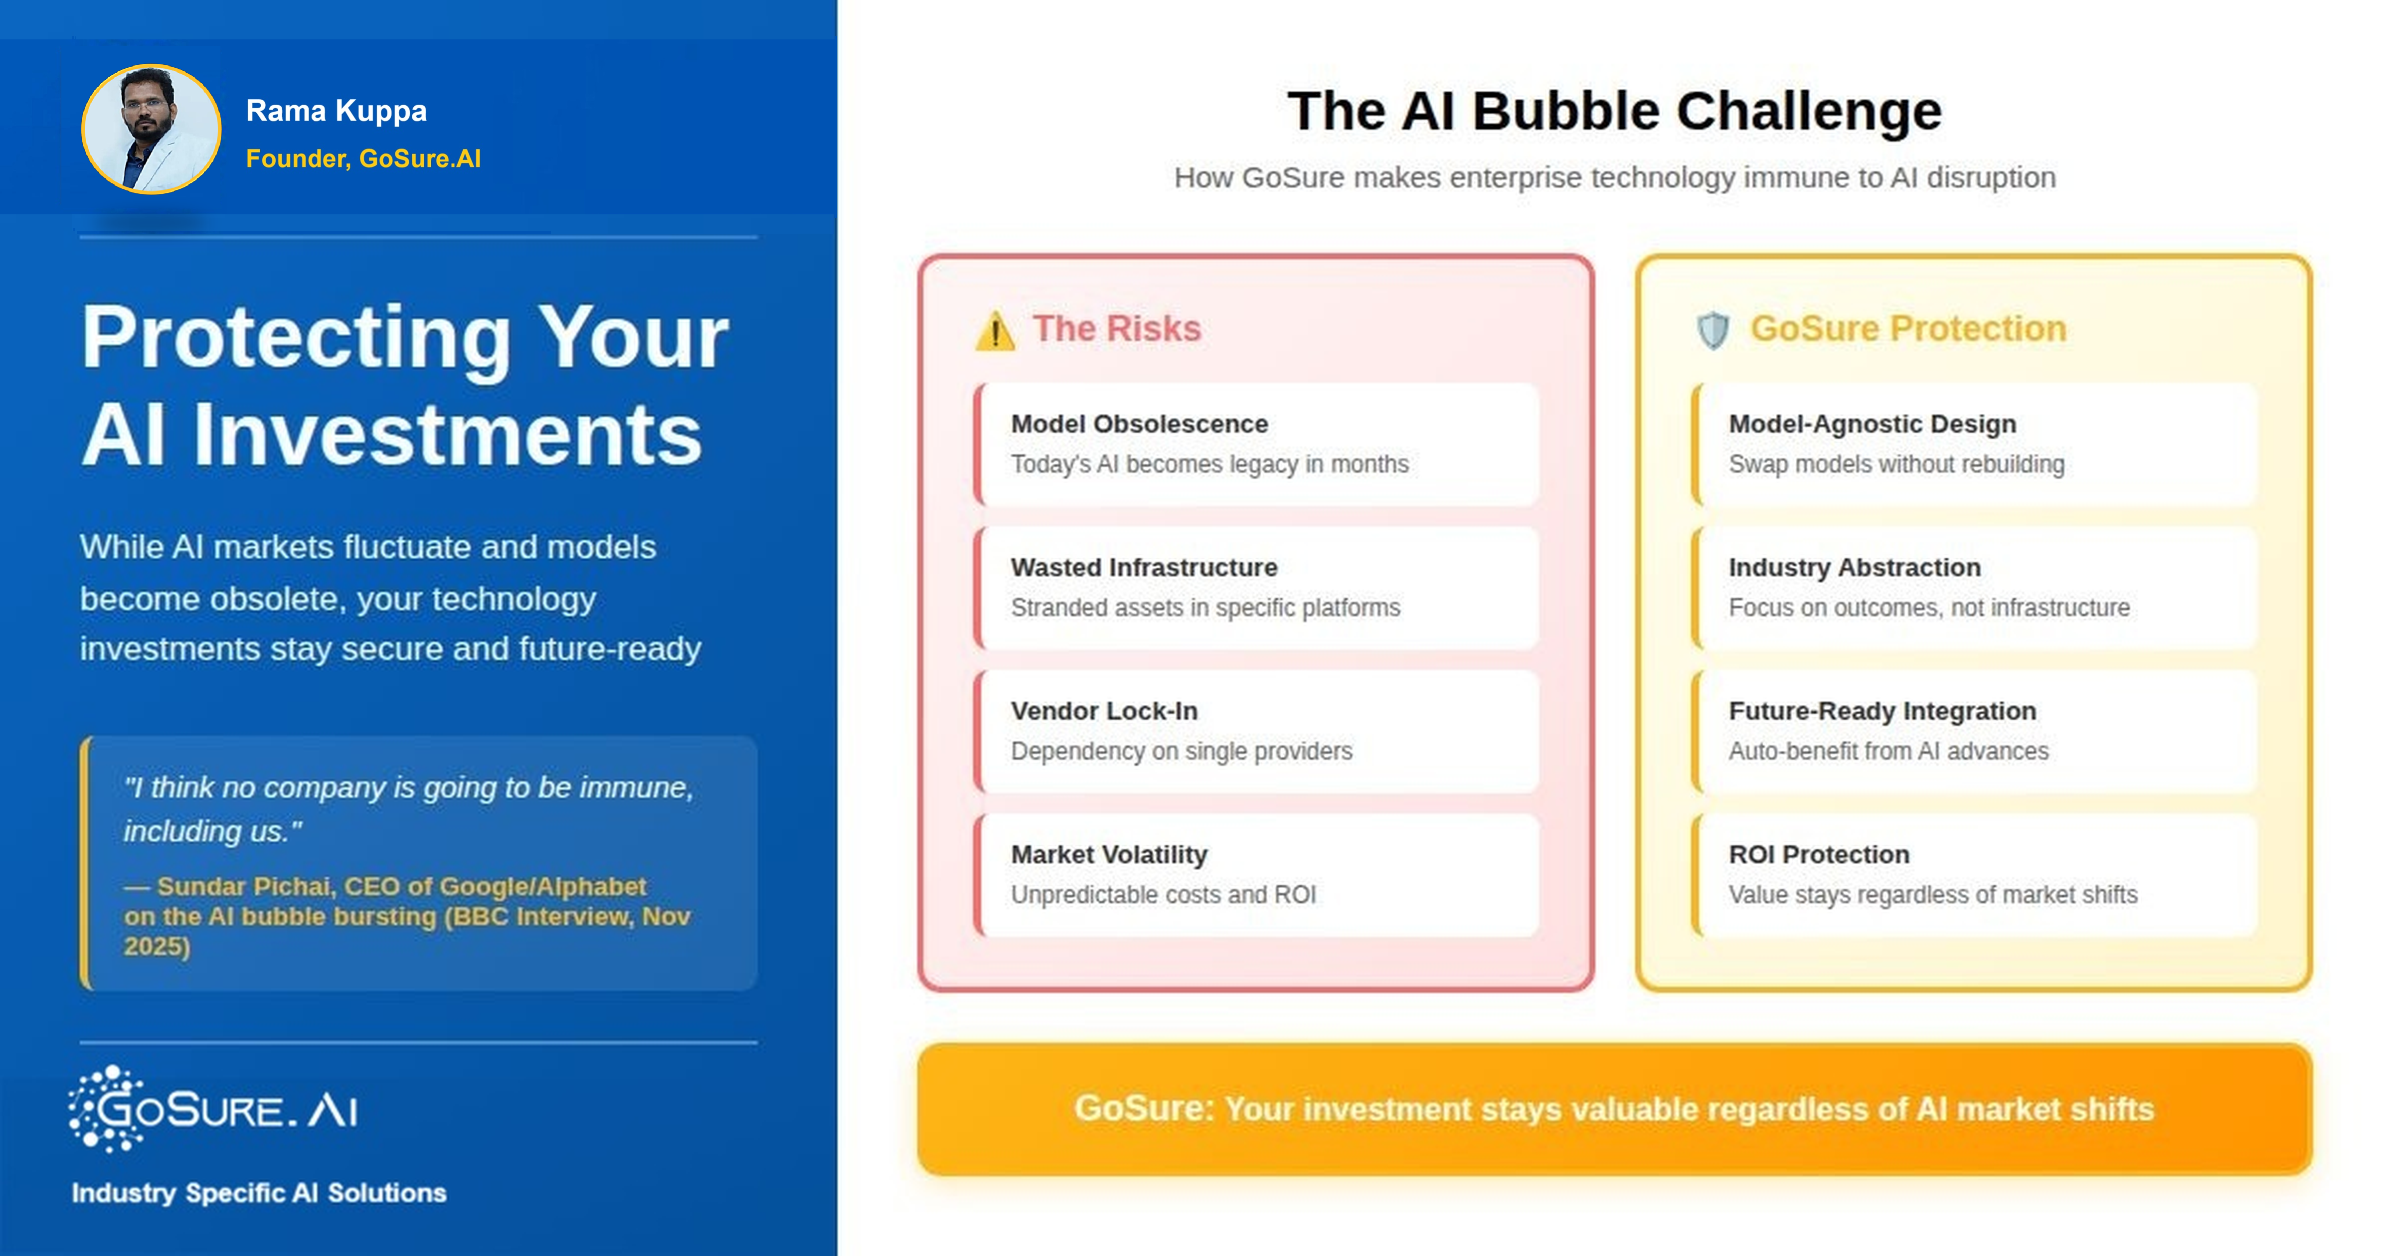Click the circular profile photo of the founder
(x=152, y=129)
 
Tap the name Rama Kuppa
(x=337, y=111)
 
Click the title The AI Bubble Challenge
(x=1614, y=112)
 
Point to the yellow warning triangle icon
(x=995, y=331)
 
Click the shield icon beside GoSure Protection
(x=1712, y=331)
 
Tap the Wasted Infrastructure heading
(x=1144, y=568)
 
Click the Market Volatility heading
(x=1109, y=855)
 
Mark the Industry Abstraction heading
(x=1854, y=568)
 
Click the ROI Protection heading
(x=1819, y=855)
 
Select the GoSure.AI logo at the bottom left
(x=214, y=1109)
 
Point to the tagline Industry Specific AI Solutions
(x=259, y=1193)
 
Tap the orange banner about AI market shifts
(x=1614, y=1109)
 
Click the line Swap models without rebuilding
(x=1896, y=465)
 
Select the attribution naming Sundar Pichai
(x=407, y=916)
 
